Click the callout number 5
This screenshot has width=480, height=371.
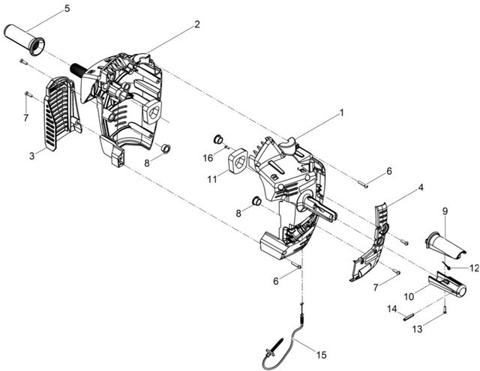(67, 8)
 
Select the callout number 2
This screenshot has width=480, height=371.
(197, 24)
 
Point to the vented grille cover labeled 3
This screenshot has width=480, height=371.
(62, 113)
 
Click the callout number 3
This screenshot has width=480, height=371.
(31, 156)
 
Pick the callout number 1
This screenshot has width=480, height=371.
(342, 113)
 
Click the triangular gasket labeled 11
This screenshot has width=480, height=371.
(238, 161)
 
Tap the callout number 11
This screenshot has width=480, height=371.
(212, 179)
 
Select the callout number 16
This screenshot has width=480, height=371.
(208, 158)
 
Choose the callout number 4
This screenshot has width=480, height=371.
(421, 187)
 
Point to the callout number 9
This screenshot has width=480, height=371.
(445, 211)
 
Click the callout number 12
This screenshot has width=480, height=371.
(474, 268)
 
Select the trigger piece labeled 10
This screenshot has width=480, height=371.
(448, 285)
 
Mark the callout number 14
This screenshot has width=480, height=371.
(392, 309)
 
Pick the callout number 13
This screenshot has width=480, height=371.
(417, 329)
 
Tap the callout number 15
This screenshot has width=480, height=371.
(322, 355)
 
